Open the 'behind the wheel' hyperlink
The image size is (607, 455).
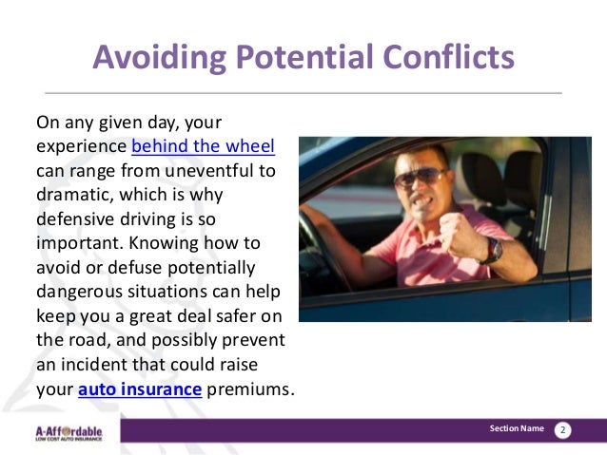click(x=203, y=147)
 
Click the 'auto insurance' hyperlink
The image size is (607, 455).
click(x=140, y=389)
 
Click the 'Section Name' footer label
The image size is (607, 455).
click(x=517, y=429)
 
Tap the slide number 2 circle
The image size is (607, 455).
click(x=562, y=430)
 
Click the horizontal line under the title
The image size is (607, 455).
click(x=303, y=93)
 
